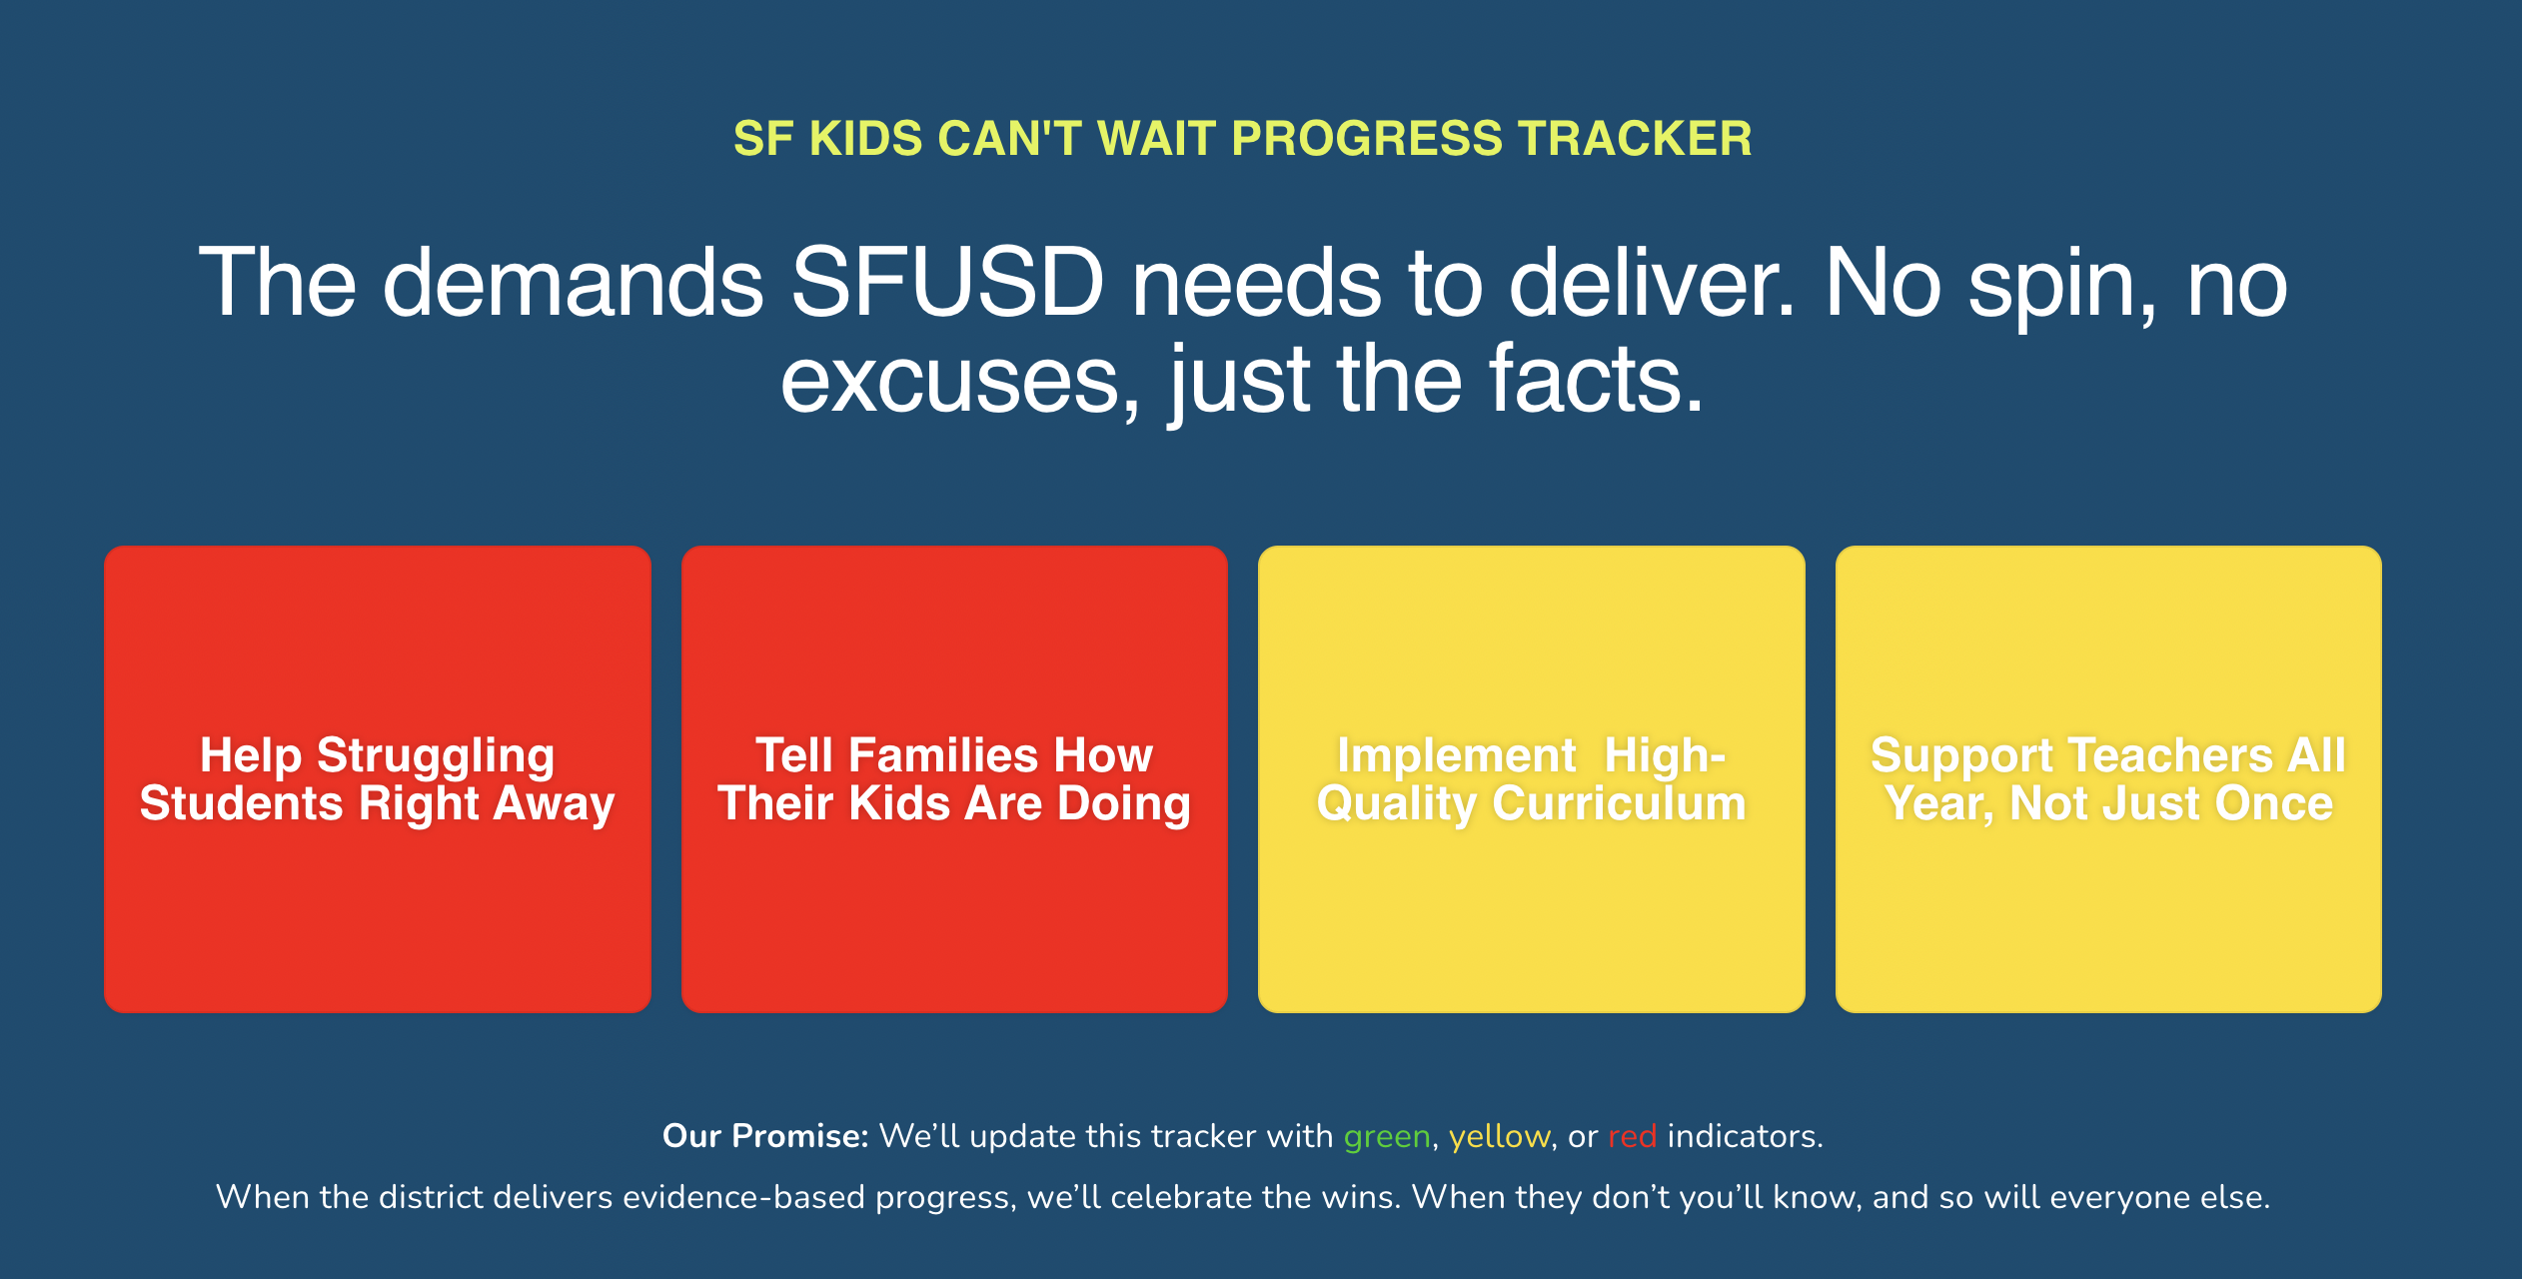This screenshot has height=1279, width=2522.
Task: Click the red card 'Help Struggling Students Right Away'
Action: pos(378,779)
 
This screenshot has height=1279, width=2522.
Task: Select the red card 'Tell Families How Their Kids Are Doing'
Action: pos(954,779)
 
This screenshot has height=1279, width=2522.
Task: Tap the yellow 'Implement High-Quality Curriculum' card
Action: pos(1532,779)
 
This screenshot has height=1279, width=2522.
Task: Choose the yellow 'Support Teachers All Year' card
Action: pos(2108,779)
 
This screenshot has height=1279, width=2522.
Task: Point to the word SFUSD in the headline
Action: pos(947,284)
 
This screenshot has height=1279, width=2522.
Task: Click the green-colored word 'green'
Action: pos(1387,1137)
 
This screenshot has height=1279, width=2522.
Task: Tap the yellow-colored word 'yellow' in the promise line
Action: pos(1500,1137)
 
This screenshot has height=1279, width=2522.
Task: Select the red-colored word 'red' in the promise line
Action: pos(1633,1136)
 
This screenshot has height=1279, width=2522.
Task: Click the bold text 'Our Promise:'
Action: pos(765,1136)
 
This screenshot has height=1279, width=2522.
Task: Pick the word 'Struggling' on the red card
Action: pos(436,757)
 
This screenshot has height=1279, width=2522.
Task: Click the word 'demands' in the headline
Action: pos(574,284)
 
